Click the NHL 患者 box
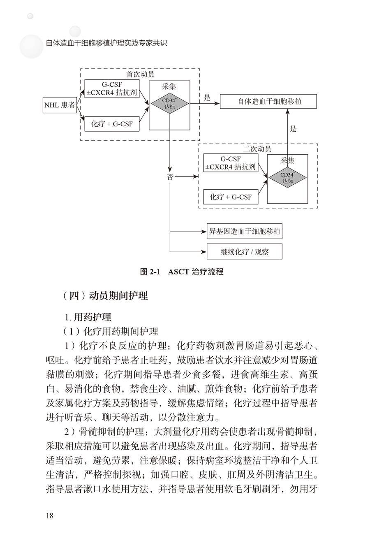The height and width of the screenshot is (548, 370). (x=60, y=105)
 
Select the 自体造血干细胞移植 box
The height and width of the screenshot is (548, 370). (x=268, y=101)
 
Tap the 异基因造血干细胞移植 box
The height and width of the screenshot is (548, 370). (x=245, y=232)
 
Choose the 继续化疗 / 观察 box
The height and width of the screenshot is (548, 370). (x=245, y=251)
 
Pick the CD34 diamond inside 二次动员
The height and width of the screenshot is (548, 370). (x=287, y=178)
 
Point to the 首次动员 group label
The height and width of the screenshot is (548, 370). (x=140, y=74)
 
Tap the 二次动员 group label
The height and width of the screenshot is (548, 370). (x=257, y=149)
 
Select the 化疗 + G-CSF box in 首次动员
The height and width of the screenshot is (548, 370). (x=112, y=123)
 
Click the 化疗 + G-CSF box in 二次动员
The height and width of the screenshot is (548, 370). (x=231, y=197)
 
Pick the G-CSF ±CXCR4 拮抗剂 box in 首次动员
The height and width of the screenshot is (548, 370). (x=112, y=88)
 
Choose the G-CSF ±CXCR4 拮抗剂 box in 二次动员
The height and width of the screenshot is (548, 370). (x=231, y=163)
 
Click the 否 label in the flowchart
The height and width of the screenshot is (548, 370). (x=170, y=176)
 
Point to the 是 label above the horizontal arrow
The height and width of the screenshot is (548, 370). (x=207, y=98)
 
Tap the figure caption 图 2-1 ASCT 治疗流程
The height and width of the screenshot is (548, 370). (x=182, y=272)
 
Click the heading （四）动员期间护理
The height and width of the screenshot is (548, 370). (x=105, y=295)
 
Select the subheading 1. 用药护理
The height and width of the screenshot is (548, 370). (x=88, y=317)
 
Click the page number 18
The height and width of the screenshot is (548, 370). (x=50, y=516)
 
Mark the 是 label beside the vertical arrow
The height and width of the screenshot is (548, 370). (x=293, y=129)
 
